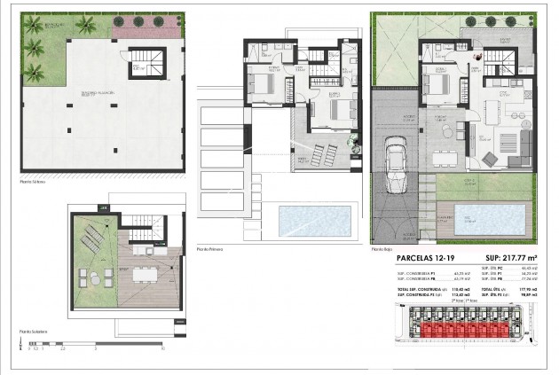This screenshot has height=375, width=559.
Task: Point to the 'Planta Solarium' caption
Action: click(x=35, y=332)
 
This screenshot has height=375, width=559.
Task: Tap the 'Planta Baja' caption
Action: click(x=382, y=250)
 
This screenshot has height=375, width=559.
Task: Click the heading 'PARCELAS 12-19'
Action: click(x=427, y=258)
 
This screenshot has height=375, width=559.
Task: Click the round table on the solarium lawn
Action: click(x=85, y=275)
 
